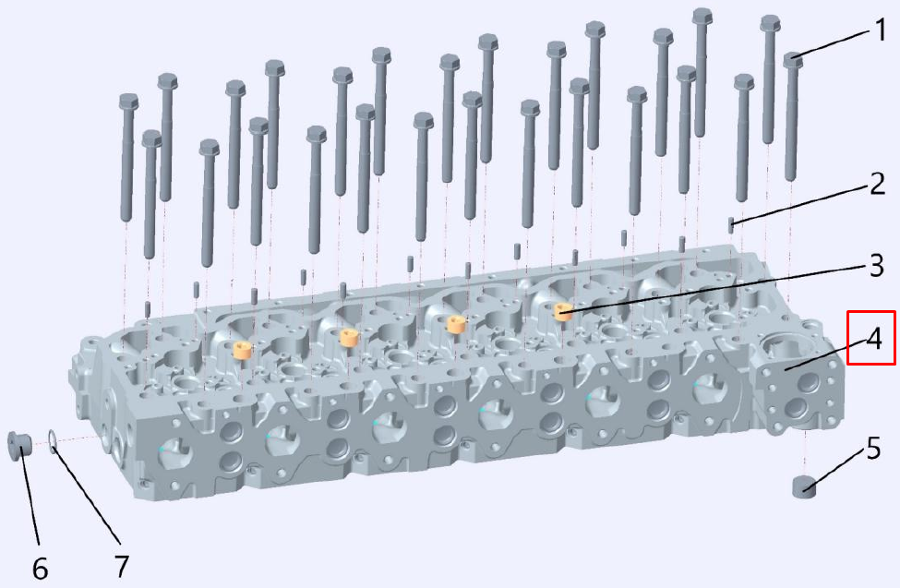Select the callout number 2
click(x=877, y=184)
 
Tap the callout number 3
click(x=876, y=266)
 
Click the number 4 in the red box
click(x=873, y=339)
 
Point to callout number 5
click(x=872, y=448)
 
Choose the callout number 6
click(x=40, y=569)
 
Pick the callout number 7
click(x=121, y=566)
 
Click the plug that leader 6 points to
click(x=18, y=445)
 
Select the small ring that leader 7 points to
click(x=53, y=440)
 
